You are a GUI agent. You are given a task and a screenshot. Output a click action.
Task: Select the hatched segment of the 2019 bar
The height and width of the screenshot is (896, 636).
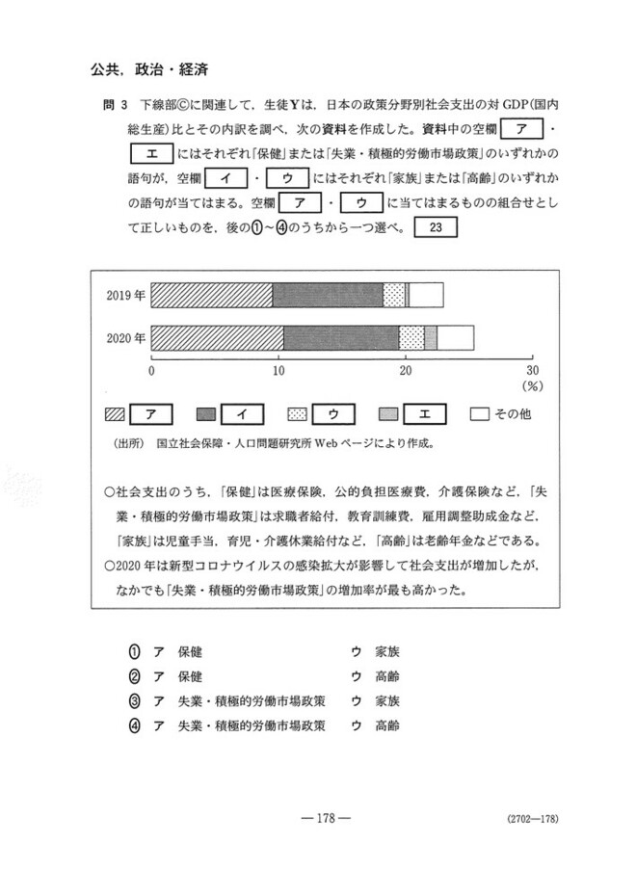[x=212, y=296]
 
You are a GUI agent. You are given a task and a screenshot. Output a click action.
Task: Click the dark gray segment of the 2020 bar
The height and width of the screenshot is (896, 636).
[x=341, y=337]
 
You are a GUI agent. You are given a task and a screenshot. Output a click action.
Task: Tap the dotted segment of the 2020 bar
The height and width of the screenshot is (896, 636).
[x=411, y=337]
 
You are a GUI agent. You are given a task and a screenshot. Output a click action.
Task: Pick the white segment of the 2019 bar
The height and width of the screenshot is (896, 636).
[x=426, y=296]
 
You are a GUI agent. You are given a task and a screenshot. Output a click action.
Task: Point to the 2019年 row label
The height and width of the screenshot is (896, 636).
[x=125, y=296]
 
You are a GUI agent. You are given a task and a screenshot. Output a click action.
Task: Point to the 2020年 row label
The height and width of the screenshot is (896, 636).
[x=125, y=338]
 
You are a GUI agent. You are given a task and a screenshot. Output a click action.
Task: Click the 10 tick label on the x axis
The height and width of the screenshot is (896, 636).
[x=278, y=370]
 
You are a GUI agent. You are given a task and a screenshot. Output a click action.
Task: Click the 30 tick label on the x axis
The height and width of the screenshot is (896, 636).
[x=532, y=370]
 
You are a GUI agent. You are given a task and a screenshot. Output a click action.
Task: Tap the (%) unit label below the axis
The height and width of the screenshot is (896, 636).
[x=532, y=385]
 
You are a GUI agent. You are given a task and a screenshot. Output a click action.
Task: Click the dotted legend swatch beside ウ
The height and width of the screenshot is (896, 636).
[x=299, y=414]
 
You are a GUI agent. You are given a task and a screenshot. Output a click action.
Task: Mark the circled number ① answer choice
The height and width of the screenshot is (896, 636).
[x=136, y=651]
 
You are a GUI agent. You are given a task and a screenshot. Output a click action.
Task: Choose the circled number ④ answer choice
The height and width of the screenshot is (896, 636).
[x=136, y=725]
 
